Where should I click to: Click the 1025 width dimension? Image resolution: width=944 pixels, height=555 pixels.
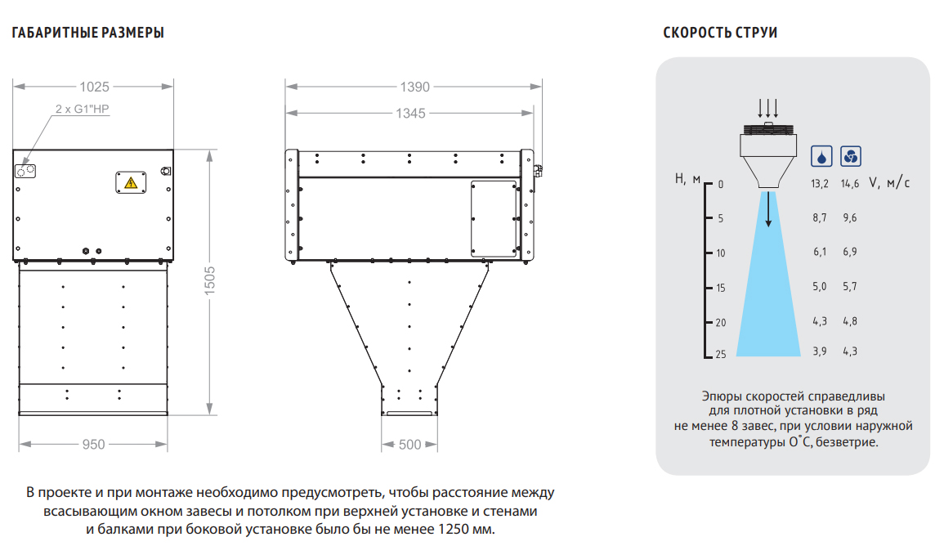click(x=95, y=87)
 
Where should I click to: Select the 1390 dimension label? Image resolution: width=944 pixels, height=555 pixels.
click(x=415, y=87)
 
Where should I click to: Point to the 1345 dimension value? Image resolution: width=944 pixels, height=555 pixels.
click(x=410, y=113)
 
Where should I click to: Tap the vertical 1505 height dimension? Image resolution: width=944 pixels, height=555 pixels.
click(x=209, y=281)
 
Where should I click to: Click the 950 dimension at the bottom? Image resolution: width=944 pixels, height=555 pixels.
click(x=93, y=444)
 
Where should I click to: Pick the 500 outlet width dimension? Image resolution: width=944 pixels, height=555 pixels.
click(x=410, y=445)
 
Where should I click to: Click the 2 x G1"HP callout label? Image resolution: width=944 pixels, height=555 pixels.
click(x=82, y=109)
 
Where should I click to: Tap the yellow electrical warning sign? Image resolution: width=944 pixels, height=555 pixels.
click(x=131, y=182)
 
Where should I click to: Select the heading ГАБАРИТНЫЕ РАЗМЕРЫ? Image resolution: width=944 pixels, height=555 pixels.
click(x=88, y=33)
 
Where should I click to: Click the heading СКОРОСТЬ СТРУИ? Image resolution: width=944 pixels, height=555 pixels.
click(x=720, y=33)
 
